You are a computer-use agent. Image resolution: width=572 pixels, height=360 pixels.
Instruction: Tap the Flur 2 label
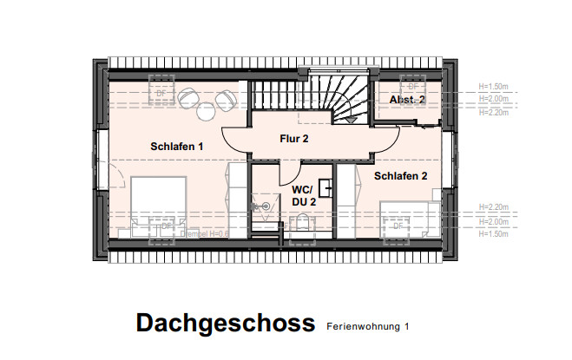294,138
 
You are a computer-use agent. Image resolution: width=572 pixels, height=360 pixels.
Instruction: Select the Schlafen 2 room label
401,176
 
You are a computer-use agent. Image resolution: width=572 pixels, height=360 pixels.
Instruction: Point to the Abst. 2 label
406,101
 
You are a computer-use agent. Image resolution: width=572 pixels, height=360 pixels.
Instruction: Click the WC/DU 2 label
302,194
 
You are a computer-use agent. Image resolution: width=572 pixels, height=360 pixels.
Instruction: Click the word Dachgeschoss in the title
225,324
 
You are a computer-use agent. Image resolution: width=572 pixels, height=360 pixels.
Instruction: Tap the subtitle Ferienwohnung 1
367,327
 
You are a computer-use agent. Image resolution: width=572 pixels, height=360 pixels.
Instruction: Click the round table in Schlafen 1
206,110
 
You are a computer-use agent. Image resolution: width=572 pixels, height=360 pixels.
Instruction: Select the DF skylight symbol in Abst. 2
411,88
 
